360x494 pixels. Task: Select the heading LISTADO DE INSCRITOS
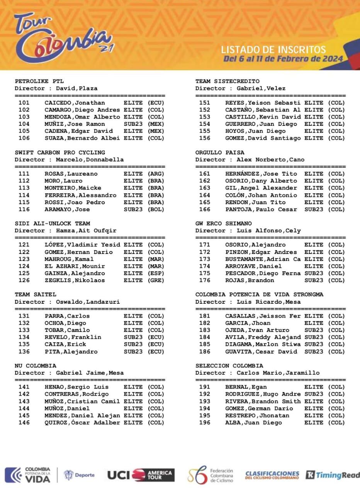(x=273, y=49)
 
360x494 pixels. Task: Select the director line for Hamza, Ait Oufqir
(x=65, y=230)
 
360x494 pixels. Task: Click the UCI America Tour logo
(x=141, y=475)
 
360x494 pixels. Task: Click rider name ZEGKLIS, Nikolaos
(x=75, y=280)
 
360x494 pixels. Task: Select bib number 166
(x=205, y=209)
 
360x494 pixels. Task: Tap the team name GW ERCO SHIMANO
(x=223, y=223)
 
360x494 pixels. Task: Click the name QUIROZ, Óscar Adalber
(x=82, y=423)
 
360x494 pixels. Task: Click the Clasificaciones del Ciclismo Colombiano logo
(x=272, y=475)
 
